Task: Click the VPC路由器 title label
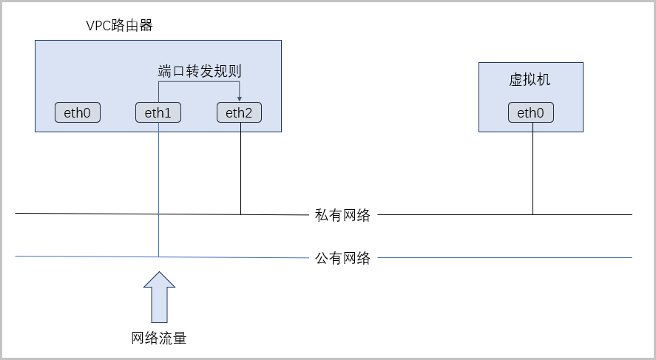click(x=119, y=26)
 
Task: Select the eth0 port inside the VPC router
click(x=78, y=112)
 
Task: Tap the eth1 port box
click(x=158, y=112)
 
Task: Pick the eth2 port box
click(x=240, y=112)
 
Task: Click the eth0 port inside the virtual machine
click(x=531, y=112)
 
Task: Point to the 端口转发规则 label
click(x=200, y=71)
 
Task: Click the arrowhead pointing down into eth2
click(x=240, y=98)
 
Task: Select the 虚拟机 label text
click(x=530, y=79)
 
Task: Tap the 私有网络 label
click(x=342, y=215)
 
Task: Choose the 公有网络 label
click(x=342, y=258)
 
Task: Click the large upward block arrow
click(x=160, y=297)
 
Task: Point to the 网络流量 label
click(x=158, y=338)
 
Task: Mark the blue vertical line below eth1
click(x=158, y=189)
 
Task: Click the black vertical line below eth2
click(x=240, y=169)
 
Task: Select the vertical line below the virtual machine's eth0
click(x=532, y=169)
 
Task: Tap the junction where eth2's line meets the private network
click(x=240, y=214)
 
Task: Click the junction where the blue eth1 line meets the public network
click(x=158, y=257)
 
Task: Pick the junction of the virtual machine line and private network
click(x=532, y=215)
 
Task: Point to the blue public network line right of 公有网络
click(x=505, y=257)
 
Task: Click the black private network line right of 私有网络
click(x=505, y=215)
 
